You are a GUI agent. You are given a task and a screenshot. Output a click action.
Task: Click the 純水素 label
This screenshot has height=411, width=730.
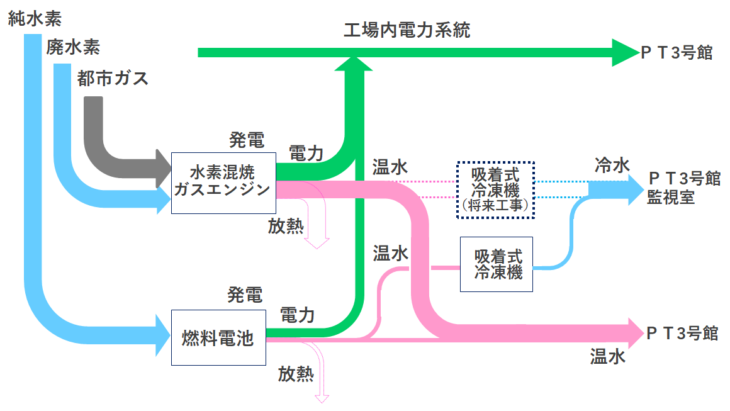point(35,19)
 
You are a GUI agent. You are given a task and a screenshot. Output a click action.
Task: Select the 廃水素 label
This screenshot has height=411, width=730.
point(73,47)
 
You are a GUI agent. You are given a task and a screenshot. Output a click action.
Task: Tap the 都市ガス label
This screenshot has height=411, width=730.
point(113,78)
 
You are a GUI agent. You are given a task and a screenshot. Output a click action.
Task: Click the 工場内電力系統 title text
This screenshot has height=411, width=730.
point(407,30)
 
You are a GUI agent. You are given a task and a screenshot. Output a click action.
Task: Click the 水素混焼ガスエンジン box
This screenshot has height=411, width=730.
point(223,183)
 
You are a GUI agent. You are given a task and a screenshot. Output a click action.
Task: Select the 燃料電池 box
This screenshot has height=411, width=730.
point(218,338)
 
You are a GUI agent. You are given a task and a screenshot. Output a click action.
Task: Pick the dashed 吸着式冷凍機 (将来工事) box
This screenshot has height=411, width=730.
point(495,189)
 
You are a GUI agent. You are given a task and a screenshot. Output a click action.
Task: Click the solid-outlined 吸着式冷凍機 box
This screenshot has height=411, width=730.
point(497,264)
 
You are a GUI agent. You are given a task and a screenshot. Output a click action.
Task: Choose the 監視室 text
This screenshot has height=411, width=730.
point(671,197)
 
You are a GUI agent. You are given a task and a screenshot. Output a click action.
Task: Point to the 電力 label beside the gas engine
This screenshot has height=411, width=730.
point(306,153)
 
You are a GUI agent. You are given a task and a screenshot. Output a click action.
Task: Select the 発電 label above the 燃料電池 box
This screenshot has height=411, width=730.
point(245,294)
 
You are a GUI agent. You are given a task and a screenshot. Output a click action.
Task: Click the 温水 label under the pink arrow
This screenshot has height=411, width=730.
point(607,357)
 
